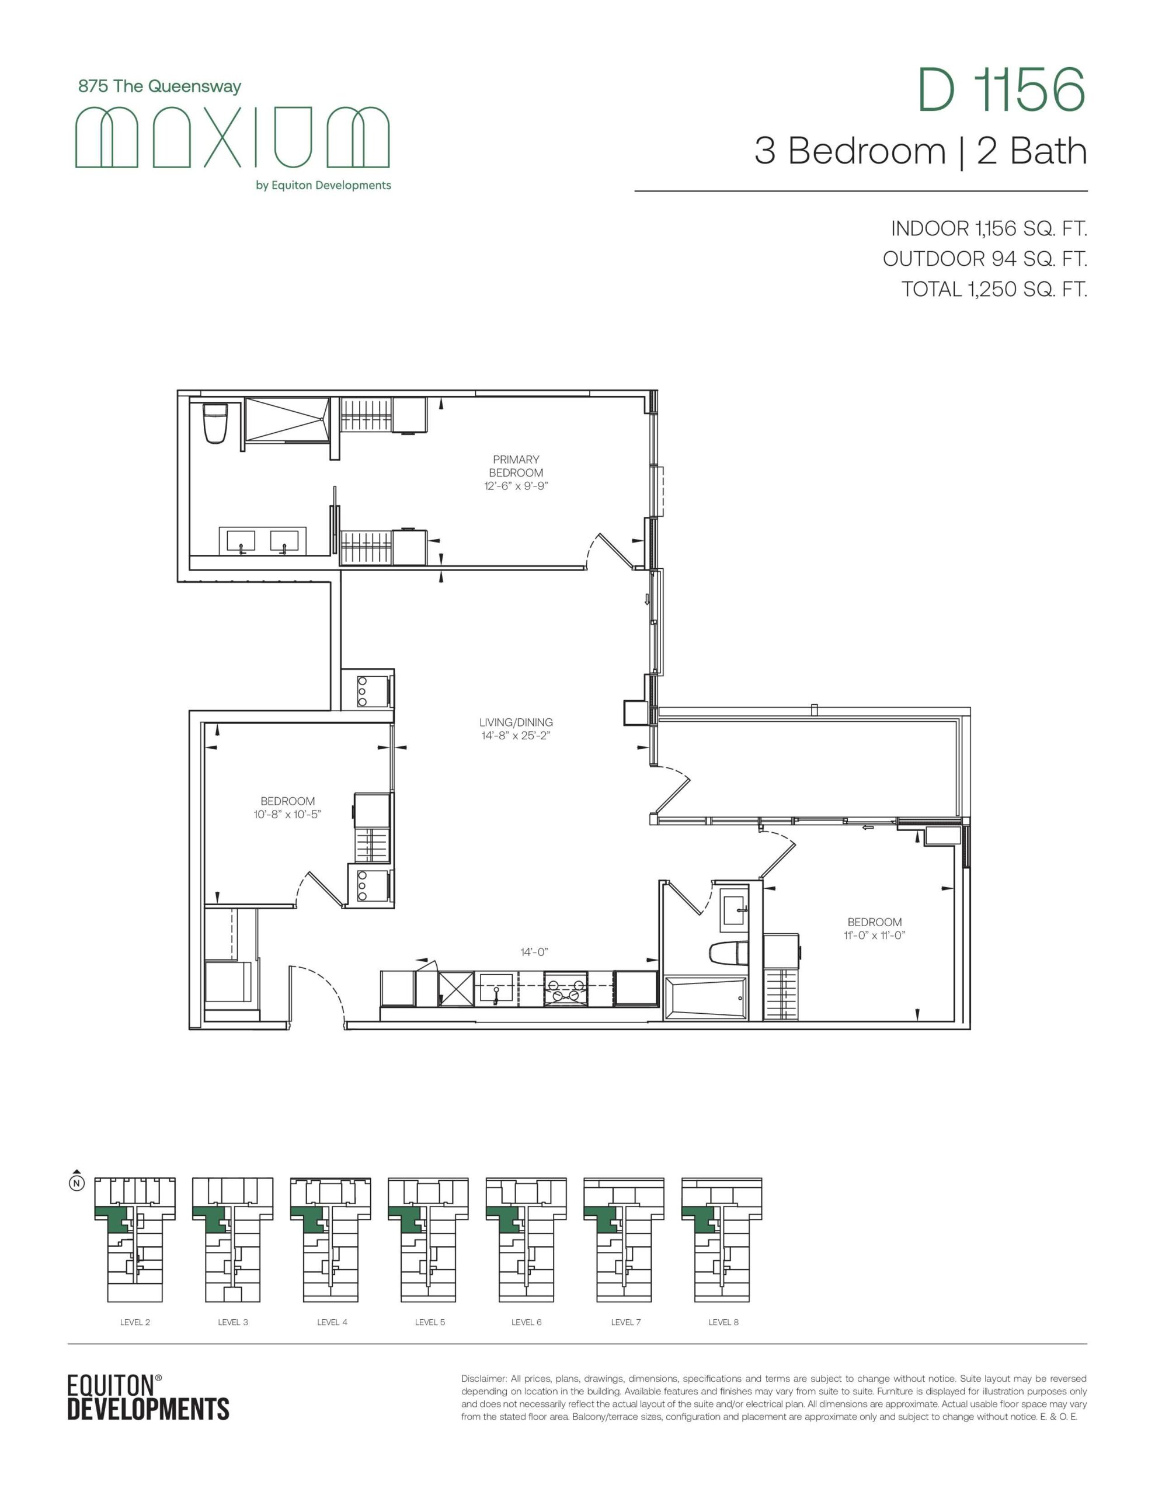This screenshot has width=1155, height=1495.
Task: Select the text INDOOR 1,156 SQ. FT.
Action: [989, 229]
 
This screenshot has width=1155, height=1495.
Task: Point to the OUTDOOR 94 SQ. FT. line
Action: [984, 259]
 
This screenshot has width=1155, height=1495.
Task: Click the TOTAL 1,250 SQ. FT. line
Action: [994, 289]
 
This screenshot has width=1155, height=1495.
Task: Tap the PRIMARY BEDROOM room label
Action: [516, 465]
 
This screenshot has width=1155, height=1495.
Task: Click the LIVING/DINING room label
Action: [516, 722]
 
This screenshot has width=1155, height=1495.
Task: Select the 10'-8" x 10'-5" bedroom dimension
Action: [287, 814]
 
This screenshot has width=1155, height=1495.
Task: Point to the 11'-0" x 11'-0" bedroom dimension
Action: [874, 935]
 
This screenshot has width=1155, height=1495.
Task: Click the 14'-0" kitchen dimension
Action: [534, 951]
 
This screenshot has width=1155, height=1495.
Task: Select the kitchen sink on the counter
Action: [496, 989]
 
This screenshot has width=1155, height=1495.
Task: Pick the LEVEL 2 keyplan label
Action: [135, 1322]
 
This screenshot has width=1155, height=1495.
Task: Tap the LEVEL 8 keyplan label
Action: [723, 1322]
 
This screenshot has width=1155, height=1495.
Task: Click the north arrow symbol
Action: [77, 1180]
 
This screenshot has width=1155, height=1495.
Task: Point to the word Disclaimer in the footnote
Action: [484, 1378]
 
